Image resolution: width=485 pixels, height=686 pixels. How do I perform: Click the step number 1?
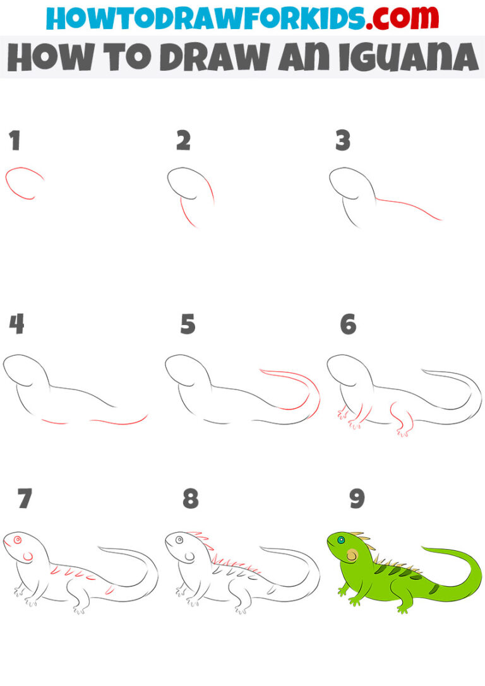(x=15, y=141)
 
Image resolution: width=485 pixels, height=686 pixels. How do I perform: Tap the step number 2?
(x=183, y=141)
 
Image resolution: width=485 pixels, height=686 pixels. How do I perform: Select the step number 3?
(x=342, y=141)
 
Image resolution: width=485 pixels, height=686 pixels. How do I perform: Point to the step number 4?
(x=16, y=324)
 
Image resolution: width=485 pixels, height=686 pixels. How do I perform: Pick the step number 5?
(x=188, y=324)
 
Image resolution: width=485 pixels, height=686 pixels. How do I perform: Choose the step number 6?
(x=348, y=324)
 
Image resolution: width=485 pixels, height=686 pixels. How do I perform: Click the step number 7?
(x=25, y=499)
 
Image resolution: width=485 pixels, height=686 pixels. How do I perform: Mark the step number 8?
(x=190, y=499)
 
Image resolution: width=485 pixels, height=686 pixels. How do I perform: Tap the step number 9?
(x=357, y=499)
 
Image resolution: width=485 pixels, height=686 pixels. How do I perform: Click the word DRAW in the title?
(x=209, y=58)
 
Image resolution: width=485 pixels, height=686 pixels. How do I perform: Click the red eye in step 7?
(x=17, y=540)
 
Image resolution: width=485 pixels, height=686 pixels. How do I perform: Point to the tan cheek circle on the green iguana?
(x=352, y=556)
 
